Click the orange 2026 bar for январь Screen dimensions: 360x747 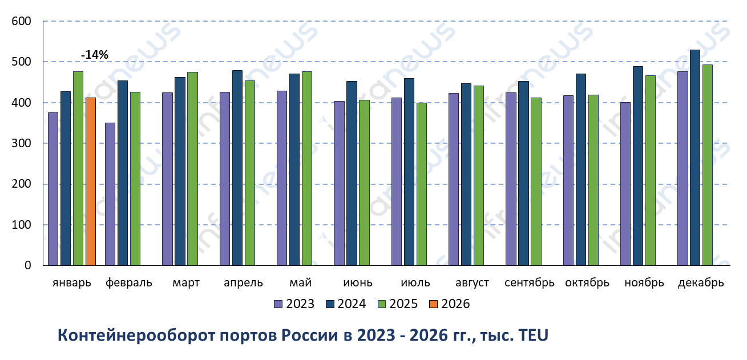[x=91, y=181]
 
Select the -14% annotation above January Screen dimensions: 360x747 [x=95, y=55]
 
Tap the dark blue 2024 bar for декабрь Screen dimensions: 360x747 [x=695, y=157]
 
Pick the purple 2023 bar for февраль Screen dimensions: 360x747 [x=110, y=194]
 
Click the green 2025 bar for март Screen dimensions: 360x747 [x=192, y=168]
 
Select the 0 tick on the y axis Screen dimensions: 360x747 [x=27, y=265]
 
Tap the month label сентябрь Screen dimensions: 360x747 [x=530, y=283]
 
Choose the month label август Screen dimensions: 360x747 [x=472, y=283]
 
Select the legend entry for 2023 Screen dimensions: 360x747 [x=294, y=304]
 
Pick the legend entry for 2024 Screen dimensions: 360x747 [x=345, y=304]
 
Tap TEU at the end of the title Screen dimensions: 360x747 [x=532, y=335]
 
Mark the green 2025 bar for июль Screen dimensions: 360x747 [x=421, y=184]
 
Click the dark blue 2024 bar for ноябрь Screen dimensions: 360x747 [x=637, y=165]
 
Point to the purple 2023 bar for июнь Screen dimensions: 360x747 [x=339, y=183]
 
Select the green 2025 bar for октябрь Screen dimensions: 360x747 [x=593, y=180]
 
